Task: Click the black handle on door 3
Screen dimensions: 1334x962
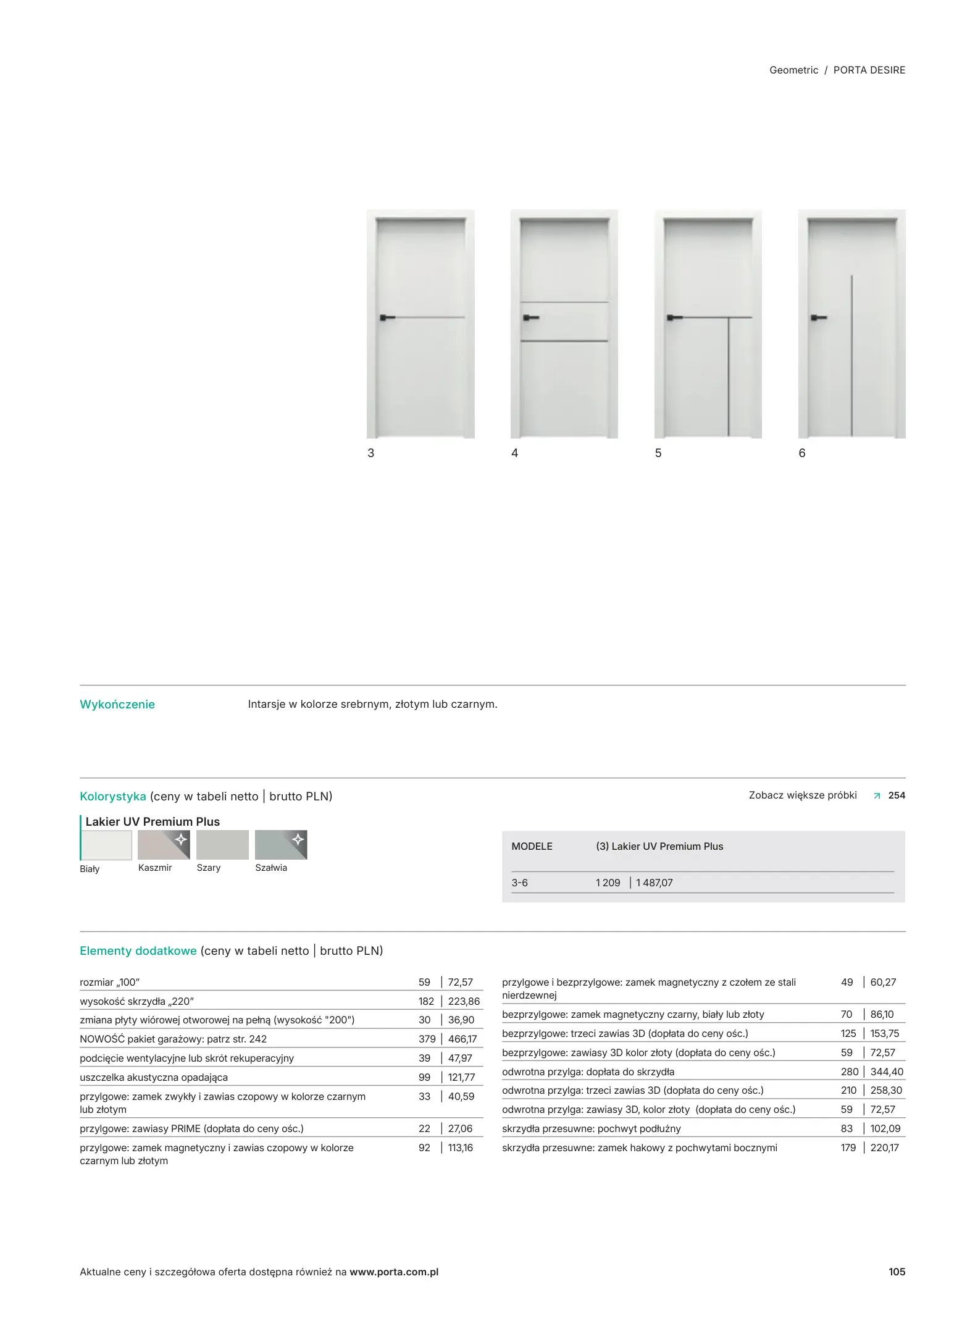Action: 387,317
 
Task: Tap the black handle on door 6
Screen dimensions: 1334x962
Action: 818,317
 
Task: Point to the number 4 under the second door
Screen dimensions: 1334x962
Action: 514,453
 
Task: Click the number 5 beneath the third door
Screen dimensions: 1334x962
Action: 658,453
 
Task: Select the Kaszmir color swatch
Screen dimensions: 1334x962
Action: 164,845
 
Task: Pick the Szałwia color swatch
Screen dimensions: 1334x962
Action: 281,845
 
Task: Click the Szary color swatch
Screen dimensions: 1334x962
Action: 222,845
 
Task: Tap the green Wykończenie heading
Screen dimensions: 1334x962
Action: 117,705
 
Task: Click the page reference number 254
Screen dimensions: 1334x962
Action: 897,795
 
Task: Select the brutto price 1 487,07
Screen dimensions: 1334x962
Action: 655,883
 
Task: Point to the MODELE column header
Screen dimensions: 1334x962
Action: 532,847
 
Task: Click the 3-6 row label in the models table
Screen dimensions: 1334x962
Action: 519,883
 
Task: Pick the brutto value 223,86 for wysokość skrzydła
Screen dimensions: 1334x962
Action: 464,1002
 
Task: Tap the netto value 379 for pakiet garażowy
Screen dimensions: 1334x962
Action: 427,1039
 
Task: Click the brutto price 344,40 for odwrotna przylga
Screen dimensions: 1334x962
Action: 887,1072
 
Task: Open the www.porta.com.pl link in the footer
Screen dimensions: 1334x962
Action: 394,1272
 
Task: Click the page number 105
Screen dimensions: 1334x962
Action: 897,1272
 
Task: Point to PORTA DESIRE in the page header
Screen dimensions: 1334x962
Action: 869,70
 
